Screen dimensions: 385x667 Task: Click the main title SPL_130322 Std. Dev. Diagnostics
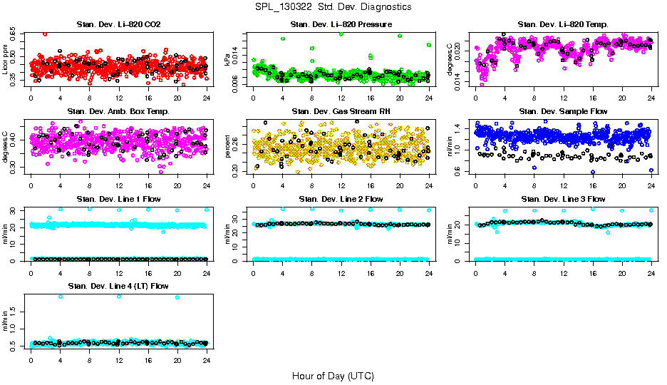pyautogui.click(x=333, y=7)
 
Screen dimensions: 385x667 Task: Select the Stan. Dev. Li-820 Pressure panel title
pyautogui.click(x=341, y=25)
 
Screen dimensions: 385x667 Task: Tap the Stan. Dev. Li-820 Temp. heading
pyautogui.click(x=563, y=25)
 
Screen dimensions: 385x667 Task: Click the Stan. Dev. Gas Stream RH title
pyautogui.click(x=341, y=111)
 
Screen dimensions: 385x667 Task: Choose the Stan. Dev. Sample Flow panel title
pyautogui.click(x=563, y=111)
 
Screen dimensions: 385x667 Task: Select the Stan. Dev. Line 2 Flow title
pyautogui.click(x=341, y=199)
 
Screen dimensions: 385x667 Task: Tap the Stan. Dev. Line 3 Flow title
pyautogui.click(x=563, y=199)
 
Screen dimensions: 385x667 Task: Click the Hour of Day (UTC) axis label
pyautogui.click(x=333, y=376)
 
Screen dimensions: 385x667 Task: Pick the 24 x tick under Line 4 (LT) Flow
pyautogui.click(x=206, y=359)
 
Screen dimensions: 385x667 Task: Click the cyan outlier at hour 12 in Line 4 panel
pyautogui.click(x=118, y=296)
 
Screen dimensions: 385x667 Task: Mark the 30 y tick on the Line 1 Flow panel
pyautogui.click(x=14, y=210)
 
